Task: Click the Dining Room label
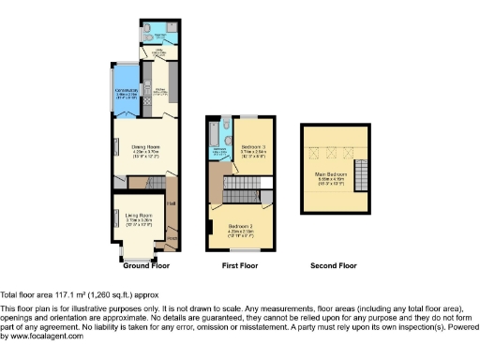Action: point(143,147)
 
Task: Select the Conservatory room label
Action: point(127,91)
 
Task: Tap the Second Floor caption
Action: point(334,266)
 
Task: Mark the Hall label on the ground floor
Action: point(171,202)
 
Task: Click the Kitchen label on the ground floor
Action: point(159,91)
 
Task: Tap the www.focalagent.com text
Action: point(43,337)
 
